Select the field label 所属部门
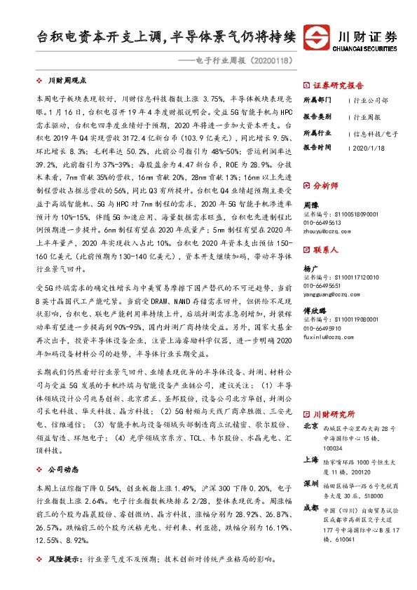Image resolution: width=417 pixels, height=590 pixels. tap(317, 100)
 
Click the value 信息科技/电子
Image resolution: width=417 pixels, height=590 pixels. tap(375, 132)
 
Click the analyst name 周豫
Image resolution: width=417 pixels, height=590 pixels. tap(310, 204)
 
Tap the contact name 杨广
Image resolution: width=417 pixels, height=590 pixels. tap(310, 268)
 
